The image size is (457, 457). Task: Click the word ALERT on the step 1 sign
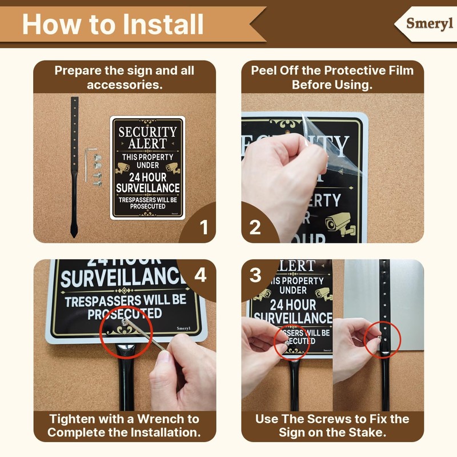pyautogui.click(x=147, y=143)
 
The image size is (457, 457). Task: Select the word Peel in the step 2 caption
pyautogui.click(x=263, y=71)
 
